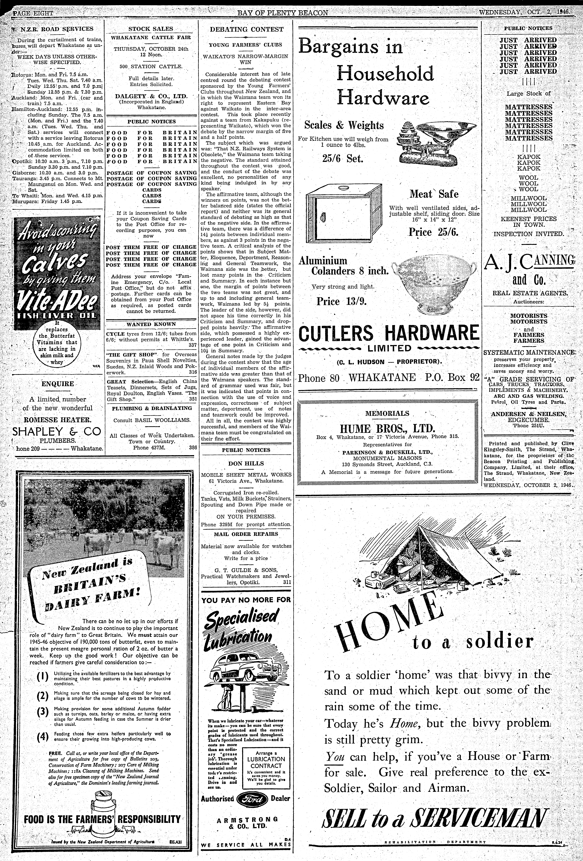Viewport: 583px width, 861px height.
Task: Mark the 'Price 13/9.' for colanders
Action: (341, 301)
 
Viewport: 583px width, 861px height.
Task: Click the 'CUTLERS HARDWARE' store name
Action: (389, 333)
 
